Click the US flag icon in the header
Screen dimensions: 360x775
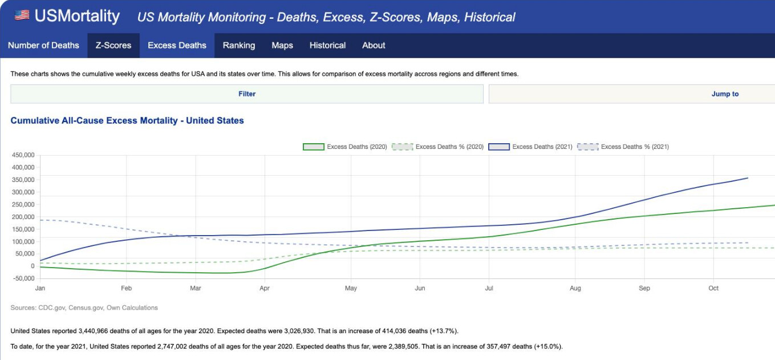[22, 15]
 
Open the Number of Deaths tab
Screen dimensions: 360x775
[43, 46]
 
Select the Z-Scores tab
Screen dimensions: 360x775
[113, 46]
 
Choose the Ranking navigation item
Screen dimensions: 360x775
[239, 46]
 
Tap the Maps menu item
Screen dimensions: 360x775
[282, 46]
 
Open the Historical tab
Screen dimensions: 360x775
[327, 46]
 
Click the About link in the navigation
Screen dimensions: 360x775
[374, 46]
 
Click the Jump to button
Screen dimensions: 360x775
[724, 94]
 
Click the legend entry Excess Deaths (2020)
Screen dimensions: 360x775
[345, 147]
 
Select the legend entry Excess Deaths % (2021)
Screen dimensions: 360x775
[623, 147]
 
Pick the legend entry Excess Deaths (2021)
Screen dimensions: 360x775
[531, 147]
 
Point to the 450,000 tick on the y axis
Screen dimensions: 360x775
[23, 155]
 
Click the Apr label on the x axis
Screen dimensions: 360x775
[265, 289]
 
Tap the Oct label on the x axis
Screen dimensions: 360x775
[713, 289]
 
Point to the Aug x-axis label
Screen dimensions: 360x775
[575, 289]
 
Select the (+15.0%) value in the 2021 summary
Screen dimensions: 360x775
[549, 347]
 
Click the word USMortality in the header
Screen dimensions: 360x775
[77, 16]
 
